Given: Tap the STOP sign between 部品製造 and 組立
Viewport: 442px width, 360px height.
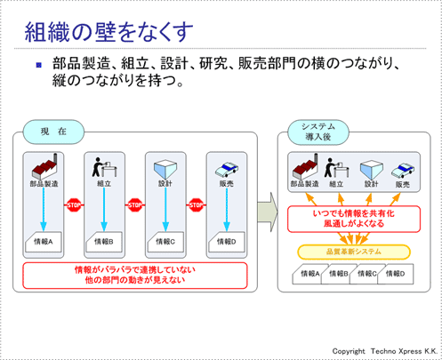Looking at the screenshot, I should (74, 205).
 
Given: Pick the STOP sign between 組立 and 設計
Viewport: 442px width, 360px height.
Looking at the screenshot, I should (135, 205).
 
